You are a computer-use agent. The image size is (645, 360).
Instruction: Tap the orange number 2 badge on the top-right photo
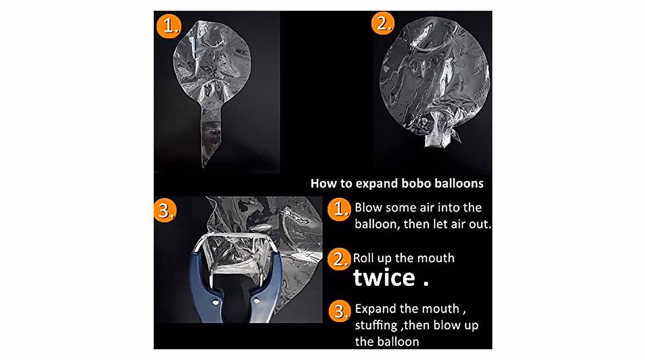pyautogui.click(x=383, y=23)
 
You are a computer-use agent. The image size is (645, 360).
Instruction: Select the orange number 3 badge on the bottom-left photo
pyautogui.click(x=165, y=210)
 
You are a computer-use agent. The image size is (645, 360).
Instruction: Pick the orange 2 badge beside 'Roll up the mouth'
pyautogui.click(x=339, y=260)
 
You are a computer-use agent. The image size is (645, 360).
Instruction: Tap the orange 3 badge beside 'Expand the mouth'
pyautogui.click(x=340, y=311)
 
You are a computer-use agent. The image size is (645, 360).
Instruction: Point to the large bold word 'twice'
pyautogui.click(x=384, y=278)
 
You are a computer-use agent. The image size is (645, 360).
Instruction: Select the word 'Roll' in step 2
pyautogui.click(x=363, y=258)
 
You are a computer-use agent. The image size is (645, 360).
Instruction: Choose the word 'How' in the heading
pyautogui.click(x=324, y=183)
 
